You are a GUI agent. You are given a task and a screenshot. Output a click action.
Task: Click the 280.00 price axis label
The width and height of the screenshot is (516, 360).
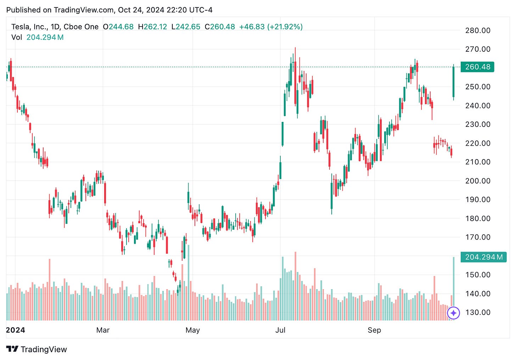[x=477, y=30]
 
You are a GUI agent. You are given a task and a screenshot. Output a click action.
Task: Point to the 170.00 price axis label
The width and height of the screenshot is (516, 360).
[x=477, y=237]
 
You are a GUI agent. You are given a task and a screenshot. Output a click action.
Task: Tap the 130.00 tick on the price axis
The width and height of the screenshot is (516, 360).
[x=477, y=313]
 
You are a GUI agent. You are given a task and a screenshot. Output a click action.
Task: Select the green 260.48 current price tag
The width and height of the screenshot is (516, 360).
[x=477, y=67]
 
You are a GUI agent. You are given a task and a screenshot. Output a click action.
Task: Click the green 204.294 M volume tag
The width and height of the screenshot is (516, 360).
[x=483, y=257]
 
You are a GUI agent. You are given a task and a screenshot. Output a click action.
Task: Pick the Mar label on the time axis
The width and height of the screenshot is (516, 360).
[x=103, y=330]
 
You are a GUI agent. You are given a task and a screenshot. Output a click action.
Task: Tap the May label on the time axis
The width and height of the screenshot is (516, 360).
[x=192, y=330]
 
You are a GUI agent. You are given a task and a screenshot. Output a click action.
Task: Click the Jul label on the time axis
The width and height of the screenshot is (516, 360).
[x=280, y=330]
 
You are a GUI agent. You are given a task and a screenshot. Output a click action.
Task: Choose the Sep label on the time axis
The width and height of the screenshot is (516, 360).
[x=374, y=330]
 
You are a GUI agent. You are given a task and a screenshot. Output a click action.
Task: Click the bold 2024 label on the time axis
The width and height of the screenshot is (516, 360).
[x=16, y=330]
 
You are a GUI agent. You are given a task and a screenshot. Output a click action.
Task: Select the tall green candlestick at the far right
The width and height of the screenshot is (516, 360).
[x=454, y=82]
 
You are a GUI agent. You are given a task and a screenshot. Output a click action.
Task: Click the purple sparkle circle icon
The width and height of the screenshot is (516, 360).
[x=454, y=313]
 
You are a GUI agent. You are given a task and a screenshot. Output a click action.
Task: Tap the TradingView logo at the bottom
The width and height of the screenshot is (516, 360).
[x=37, y=349]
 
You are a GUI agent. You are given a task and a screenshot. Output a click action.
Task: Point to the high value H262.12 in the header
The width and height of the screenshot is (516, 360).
[x=152, y=27]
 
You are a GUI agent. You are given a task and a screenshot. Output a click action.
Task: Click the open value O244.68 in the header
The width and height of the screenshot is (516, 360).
[x=118, y=27]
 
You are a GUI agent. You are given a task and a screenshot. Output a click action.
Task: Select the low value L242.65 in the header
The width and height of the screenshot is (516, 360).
[x=186, y=27]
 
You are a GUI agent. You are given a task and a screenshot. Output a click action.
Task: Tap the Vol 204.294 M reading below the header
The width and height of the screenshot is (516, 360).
[x=38, y=37]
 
